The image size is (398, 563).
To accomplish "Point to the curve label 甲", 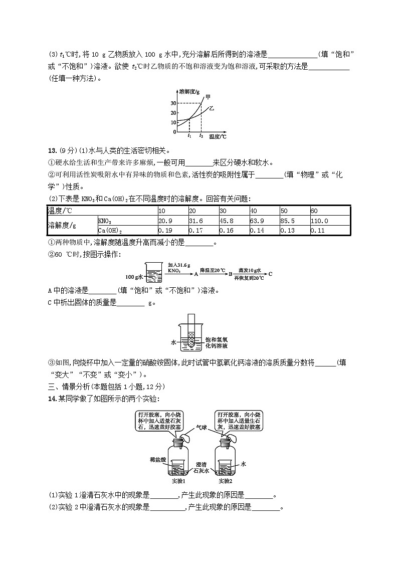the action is coord(208,97).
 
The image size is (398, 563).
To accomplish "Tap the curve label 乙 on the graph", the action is coord(212,107).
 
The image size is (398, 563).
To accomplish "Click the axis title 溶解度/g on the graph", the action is coord(189,91).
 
